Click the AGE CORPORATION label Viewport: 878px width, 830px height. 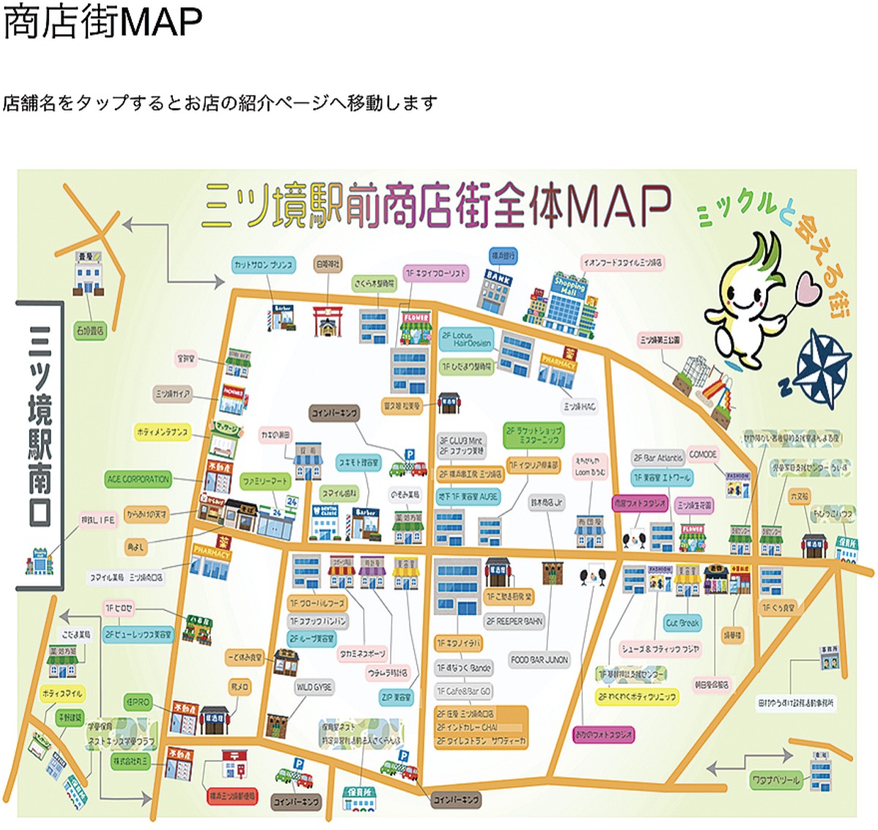138,479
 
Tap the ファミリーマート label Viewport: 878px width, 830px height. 266,482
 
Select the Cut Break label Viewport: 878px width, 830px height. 683,623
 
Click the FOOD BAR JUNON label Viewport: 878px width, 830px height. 539,660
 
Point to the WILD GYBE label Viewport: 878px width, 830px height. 314,687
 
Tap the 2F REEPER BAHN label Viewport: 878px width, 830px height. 515,621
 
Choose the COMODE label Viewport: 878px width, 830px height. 702,455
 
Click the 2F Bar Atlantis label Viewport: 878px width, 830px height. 658,458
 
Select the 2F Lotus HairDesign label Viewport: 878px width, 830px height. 466,339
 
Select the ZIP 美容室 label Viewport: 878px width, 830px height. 396,698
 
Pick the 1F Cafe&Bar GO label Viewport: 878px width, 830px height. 464,691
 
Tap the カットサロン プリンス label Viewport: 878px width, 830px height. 264,264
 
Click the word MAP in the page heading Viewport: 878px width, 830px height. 162,22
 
